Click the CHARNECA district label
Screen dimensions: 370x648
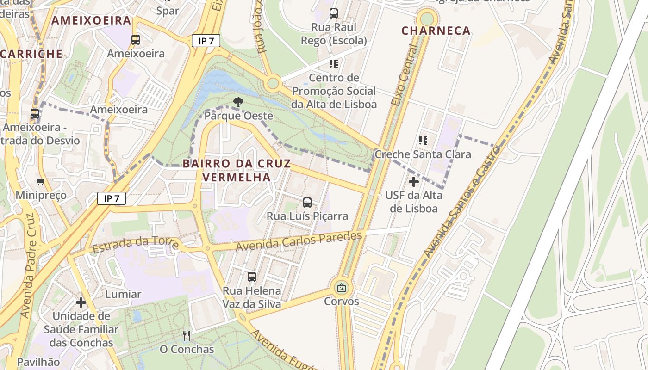436,31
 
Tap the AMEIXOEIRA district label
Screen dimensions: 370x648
91,20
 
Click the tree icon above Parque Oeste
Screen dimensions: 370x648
238,102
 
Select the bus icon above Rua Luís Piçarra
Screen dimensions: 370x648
307,202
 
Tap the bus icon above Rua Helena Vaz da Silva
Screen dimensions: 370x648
252,277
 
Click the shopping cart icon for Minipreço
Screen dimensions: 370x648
41,182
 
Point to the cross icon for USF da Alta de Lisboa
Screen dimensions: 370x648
414,182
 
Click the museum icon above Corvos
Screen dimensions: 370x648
342,288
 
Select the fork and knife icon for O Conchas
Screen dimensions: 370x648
187,335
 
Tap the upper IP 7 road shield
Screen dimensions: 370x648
206,41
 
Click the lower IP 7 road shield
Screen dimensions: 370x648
112,199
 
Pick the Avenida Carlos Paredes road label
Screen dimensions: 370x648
299,241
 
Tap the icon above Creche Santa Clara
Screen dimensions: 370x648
423,140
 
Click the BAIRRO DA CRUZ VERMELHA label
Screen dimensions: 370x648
237,170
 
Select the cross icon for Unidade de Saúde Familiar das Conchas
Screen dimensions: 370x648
81,302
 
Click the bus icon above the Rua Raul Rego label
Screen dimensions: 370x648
334,13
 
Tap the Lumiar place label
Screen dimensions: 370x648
123,294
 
